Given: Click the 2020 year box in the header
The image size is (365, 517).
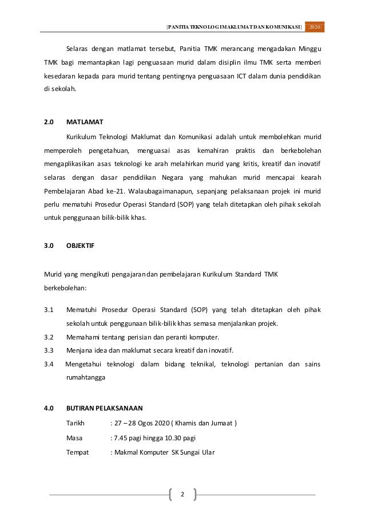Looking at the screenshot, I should pyautogui.click(x=315, y=27).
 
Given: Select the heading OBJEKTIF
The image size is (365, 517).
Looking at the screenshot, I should pyautogui.click(x=81, y=244).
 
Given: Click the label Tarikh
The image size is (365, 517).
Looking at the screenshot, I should pyautogui.click(x=76, y=424).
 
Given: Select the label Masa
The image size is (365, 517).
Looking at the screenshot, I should pyautogui.click(x=74, y=438).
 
